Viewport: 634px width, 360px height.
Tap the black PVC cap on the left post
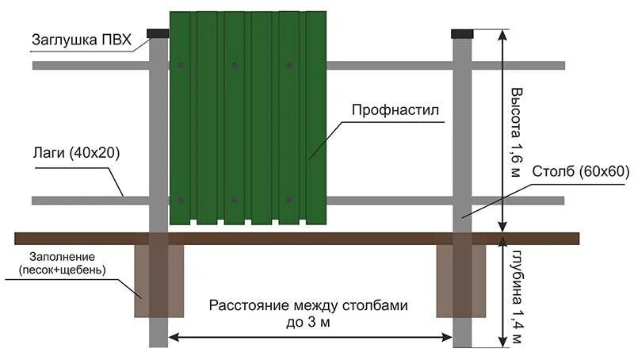158,33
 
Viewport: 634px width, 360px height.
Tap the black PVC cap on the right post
462,33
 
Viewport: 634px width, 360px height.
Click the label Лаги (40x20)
76,152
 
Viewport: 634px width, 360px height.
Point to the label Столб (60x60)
568,171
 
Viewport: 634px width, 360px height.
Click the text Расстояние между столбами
308,306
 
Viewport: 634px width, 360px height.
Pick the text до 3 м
308,323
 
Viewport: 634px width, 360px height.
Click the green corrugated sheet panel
247,119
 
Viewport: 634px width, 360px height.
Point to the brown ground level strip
317,238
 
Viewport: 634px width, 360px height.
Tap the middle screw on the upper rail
234,65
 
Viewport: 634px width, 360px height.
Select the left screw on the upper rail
181,65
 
